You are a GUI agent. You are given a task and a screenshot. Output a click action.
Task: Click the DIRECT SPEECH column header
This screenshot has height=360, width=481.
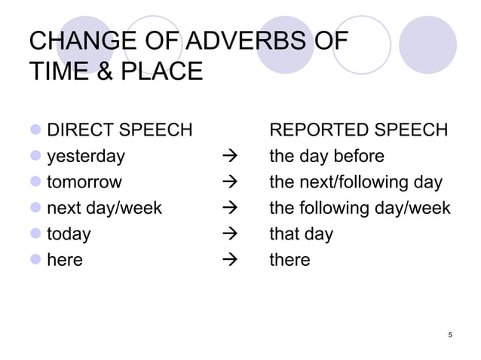(x=120, y=130)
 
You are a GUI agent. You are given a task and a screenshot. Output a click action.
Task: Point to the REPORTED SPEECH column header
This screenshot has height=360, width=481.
(x=359, y=130)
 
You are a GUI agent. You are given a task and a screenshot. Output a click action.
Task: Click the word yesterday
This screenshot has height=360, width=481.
(x=86, y=157)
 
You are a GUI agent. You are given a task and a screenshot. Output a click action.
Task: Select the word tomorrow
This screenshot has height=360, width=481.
(x=84, y=182)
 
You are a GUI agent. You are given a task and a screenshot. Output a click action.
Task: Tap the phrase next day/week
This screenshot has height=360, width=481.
(x=104, y=208)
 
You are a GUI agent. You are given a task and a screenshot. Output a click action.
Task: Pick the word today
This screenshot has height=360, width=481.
(x=69, y=233)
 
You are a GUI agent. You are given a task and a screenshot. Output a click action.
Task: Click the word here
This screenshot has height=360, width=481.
(x=65, y=260)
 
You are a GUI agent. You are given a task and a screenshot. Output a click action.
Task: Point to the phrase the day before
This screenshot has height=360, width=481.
(x=327, y=157)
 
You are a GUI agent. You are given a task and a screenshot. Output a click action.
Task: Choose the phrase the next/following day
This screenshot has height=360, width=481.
(x=356, y=182)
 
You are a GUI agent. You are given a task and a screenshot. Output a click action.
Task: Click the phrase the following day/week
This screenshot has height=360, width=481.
(x=360, y=208)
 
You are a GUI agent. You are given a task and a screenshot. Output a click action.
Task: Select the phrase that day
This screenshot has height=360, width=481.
(x=301, y=233)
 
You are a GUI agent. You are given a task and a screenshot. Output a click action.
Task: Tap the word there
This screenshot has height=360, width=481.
(x=290, y=260)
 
